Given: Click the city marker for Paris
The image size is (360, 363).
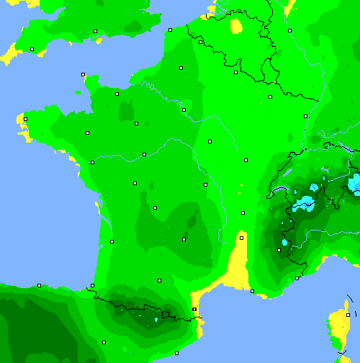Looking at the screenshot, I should pos(184,109).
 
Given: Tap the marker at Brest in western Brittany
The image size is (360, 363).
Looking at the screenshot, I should pos(25,120).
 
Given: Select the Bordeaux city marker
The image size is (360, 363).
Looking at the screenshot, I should pos(112,241).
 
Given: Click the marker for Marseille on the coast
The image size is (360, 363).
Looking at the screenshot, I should pos(252,291).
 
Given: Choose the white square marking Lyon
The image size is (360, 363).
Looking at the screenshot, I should pos(243,213).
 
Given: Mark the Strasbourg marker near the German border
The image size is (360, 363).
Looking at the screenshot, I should pos(305,115).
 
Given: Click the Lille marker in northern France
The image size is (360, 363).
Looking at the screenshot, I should pos(200,42).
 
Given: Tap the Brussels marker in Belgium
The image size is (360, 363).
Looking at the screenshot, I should pos(235,72).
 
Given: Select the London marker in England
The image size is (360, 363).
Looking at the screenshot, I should pos(95,31).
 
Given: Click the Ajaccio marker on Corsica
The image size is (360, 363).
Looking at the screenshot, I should pos(347,315).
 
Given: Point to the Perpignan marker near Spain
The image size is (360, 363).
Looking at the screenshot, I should pos(194,309).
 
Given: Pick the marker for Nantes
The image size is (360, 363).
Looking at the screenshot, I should pos(92,162).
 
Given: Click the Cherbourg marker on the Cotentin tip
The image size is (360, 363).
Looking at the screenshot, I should pos(83,74).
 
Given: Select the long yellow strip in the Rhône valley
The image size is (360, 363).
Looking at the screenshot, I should pos(238,263).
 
